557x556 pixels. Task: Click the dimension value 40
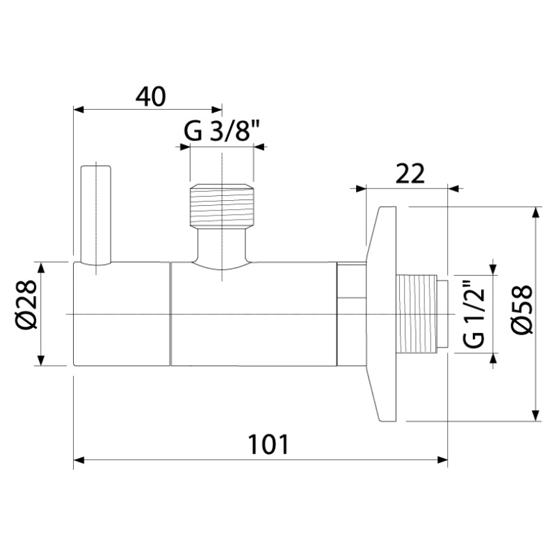click(x=150, y=97)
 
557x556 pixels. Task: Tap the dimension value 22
click(x=410, y=174)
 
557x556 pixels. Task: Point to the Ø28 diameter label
click(x=26, y=304)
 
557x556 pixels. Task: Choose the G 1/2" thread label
click(x=474, y=315)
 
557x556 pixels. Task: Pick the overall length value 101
click(x=268, y=445)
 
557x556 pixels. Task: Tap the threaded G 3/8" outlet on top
click(x=222, y=206)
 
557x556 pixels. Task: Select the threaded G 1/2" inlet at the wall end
click(x=422, y=314)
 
